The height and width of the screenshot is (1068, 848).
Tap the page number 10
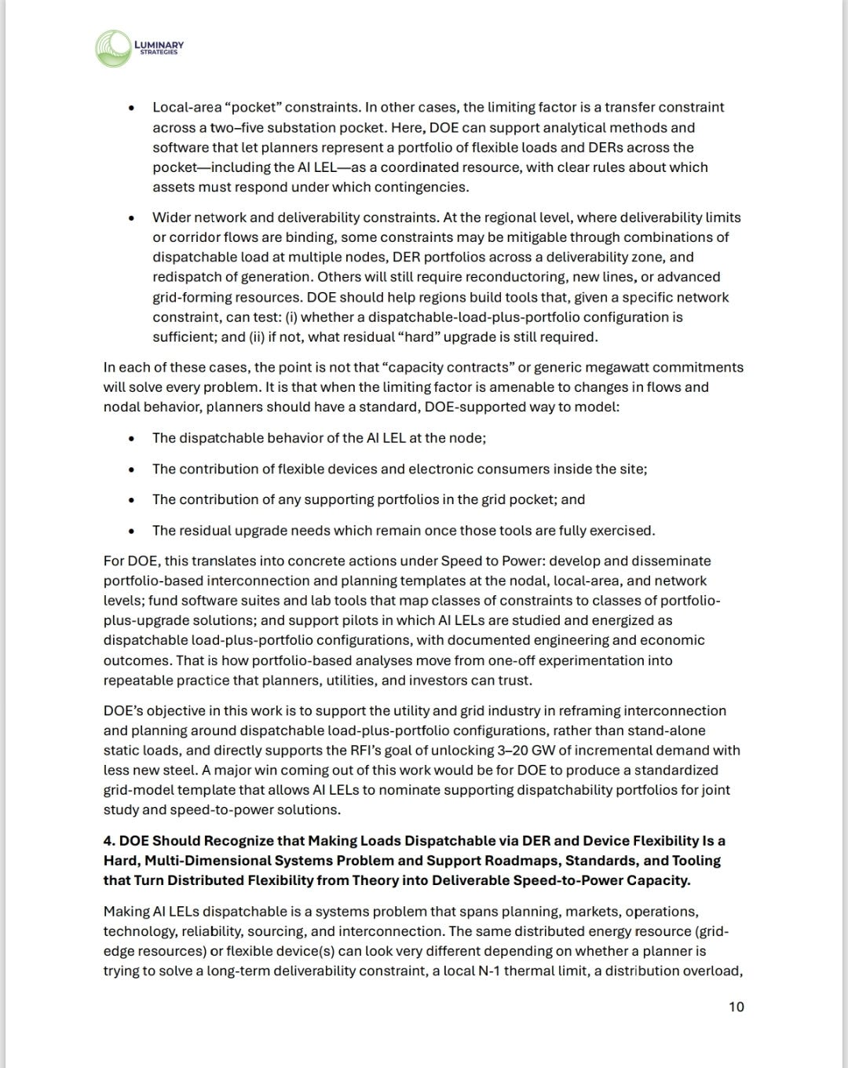click(736, 1007)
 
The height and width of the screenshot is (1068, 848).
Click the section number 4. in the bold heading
click(109, 841)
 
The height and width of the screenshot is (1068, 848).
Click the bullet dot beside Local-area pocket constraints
click(132, 108)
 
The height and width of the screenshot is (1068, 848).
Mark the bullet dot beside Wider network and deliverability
click(132, 218)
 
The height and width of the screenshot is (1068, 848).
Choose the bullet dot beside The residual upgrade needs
click(132, 531)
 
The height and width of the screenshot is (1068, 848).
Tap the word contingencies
click(429, 187)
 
